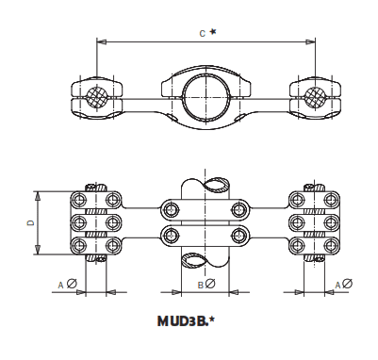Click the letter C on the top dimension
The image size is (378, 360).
point(202,33)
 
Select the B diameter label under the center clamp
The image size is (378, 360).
point(205,284)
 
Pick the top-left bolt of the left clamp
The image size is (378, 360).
point(77,200)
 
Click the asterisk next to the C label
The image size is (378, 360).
point(213,32)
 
